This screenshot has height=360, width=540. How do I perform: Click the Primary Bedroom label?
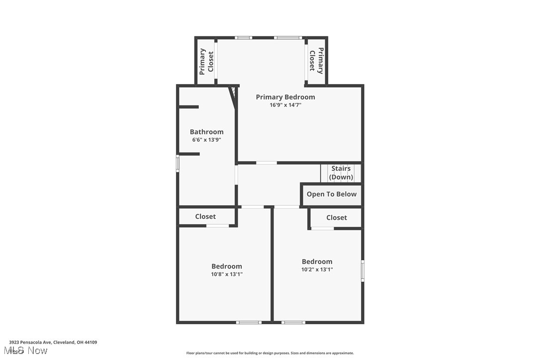point(285,97)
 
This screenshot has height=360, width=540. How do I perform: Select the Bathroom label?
point(206,132)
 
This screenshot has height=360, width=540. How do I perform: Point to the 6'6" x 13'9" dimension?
point(206,140)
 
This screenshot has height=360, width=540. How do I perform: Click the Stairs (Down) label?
point(341,173)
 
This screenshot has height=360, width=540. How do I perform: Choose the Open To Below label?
point(332,194)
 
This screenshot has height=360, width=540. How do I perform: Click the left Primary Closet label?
point(206,61)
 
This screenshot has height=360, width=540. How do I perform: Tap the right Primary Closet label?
point(316,61)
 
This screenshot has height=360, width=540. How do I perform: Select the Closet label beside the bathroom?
point(205,217)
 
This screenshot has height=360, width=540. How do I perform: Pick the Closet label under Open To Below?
point(337,218)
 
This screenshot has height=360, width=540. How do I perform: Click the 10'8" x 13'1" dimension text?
point(227,274)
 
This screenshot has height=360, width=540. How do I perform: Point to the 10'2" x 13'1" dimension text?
point(317,270)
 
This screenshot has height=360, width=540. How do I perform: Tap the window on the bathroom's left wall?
point(178,164)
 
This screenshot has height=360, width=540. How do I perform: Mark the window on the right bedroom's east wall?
point(362,271)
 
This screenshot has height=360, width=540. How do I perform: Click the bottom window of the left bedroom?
point(249,322)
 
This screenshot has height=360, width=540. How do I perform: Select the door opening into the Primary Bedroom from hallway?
point(267,163)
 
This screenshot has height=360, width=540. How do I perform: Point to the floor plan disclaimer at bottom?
point(270,353)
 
